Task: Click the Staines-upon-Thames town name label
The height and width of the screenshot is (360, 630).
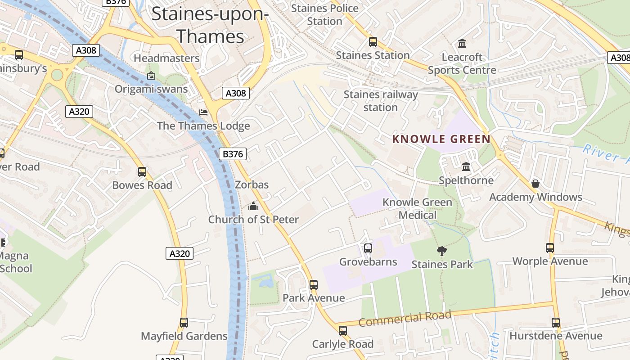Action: [x=210, y=25]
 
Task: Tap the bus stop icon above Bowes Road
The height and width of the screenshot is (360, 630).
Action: [x=142, y=171]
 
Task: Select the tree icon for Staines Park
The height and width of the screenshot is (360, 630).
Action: [x=442, y=251]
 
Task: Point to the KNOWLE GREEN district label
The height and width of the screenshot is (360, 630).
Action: [x=441, y=139]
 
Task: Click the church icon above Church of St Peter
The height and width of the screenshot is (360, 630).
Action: [x=253, y=206]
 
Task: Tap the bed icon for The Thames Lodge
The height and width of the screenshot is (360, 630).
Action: [x=203, y=112]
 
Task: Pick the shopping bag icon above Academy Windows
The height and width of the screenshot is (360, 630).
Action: [x=535, y=184]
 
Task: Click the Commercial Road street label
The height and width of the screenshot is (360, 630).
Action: [x=405, y=319]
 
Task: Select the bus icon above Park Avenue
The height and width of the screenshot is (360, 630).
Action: [x=314, y=284]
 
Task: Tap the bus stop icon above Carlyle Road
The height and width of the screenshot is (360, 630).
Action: [x=343, y=331]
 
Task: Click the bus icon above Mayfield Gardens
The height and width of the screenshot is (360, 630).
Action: [x=184, y=323]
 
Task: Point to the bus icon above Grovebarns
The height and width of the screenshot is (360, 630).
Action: [x=368, y=248]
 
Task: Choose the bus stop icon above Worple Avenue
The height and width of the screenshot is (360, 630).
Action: [x=550, y=247]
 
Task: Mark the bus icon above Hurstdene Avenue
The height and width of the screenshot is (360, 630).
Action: [x=556, y=323]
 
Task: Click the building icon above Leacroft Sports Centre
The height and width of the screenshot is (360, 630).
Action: [x=462, y=44]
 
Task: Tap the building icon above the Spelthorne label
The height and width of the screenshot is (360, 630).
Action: [x=466, y=167]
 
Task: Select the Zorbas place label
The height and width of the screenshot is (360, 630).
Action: [x=252, y=184]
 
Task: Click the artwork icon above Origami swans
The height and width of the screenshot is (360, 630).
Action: [x=151, y=76]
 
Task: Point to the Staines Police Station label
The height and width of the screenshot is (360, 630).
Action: [x=324, y=14]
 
